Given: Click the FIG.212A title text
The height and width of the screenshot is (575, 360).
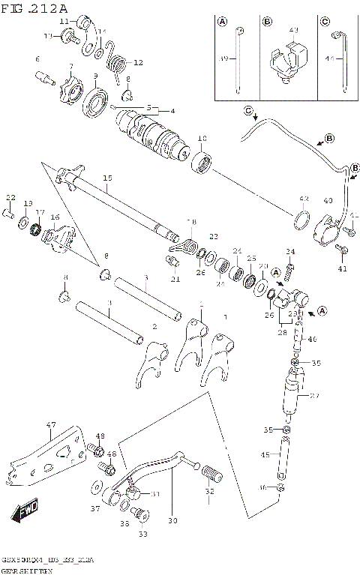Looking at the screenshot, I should pyautogui.click(x=35, y=7).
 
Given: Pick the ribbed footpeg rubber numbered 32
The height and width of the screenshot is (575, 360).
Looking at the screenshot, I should pyautogui.click(x=212, y=473).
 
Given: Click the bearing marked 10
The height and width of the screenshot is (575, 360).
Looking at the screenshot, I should pyautogui.click(x=200, y=160).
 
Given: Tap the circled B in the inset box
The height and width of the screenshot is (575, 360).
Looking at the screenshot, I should pyautogui.click(x=268, y=22).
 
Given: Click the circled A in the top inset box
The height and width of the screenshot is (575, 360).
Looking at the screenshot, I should pyautogui.click(x=222, y=22).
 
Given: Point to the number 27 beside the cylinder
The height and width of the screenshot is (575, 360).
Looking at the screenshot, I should pyautogui.click(x=314, y=397).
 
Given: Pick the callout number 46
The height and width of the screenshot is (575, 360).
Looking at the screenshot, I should pyautogui.click(x=313, y=340).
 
